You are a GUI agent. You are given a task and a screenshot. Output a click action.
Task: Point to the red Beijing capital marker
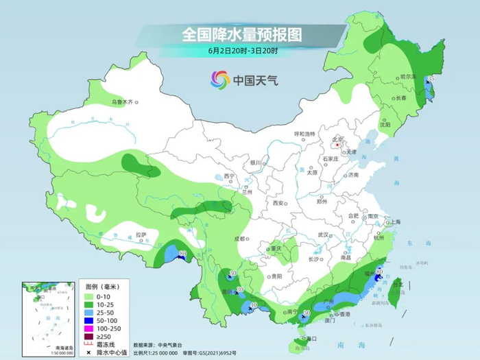[337, 145]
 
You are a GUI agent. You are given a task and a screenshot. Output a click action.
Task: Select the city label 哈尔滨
[409, 77]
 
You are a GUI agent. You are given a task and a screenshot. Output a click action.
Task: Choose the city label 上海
[395, 222]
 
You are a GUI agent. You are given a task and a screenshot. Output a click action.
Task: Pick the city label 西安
[278, 203]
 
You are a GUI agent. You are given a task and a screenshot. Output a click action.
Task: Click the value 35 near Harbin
[431, 80]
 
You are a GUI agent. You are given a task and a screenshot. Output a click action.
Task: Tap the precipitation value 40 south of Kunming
[253, 304]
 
